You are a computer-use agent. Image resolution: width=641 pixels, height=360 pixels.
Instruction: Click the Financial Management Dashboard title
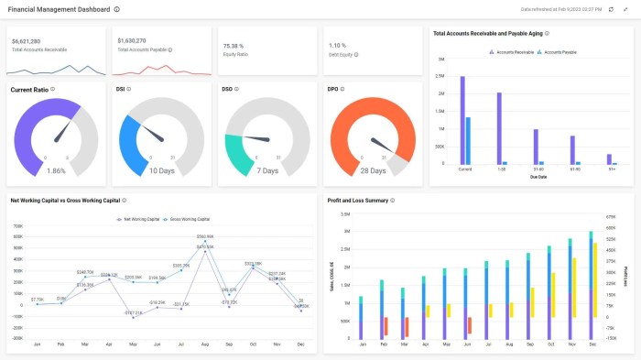(60, 8)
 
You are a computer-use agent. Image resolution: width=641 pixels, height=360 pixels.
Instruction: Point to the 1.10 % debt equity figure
(337, 45)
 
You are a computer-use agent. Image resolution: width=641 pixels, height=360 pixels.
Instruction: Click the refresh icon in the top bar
(611, 8)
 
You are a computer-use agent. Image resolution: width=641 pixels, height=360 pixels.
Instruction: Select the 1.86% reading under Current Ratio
(56, 170)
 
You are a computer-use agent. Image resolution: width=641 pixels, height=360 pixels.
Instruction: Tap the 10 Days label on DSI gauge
(162, 170)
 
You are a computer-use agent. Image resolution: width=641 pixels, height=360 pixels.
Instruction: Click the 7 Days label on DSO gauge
(267, 170)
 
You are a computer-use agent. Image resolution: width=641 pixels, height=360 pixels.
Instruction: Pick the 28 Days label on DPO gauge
(373, 170)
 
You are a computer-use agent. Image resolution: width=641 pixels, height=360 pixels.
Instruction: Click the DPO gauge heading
(333, 89)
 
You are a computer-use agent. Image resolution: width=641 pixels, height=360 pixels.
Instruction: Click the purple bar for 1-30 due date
(499, 127)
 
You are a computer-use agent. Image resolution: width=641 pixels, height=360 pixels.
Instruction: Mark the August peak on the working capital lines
(205, 241)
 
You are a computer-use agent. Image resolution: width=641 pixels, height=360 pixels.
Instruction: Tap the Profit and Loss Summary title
(357, 200)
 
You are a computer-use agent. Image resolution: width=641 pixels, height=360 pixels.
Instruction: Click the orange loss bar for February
(386, 325)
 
